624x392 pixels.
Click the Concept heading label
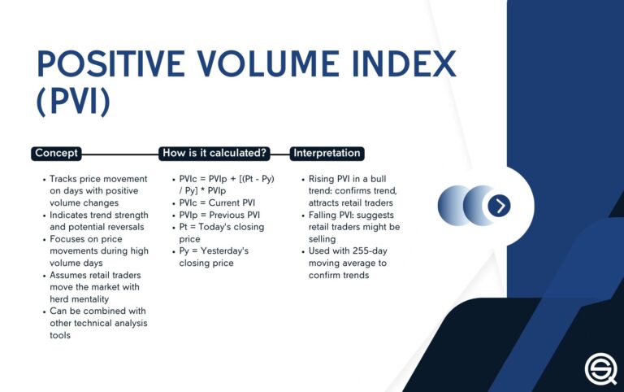point(56,153)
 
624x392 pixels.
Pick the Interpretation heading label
point(326,153)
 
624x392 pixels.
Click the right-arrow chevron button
point(500,206)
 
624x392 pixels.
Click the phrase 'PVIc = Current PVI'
point(217,203)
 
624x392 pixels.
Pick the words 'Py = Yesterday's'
point(214,251)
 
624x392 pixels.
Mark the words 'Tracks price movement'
point(97,178)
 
